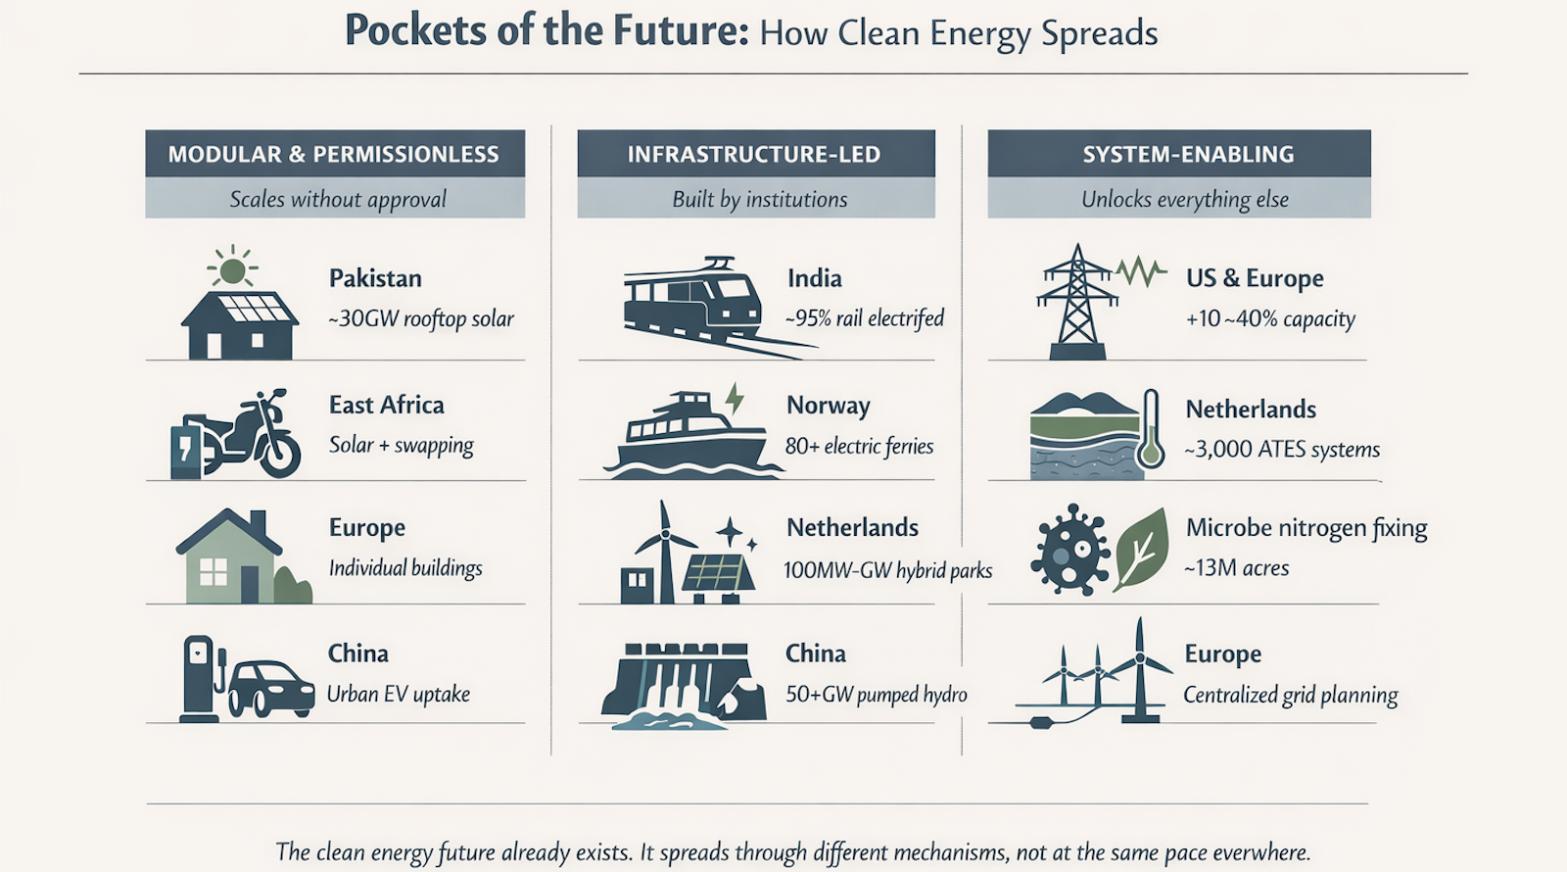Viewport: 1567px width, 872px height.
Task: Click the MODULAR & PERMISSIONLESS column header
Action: (x=334, y=154)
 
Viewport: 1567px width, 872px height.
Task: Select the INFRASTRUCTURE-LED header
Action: (x=754, y=154)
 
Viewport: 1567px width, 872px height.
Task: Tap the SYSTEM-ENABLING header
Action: (x=1188, y=154)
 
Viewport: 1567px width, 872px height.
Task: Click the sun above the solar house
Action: (x=233, y=267)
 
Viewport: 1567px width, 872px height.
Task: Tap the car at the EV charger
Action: (x=270, y=685)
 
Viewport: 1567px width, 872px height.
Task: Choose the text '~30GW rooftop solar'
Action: (x=421, y=319)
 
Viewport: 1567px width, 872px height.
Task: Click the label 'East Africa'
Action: (x=386, y=405)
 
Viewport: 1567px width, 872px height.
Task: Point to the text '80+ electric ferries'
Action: (x=859, y=447)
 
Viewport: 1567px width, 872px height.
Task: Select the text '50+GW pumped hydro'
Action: (x=876, y=695)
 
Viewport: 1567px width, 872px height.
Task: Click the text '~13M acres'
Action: (x=1236, y=568)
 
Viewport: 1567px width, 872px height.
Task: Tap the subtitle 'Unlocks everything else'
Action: (x=1184, y=200)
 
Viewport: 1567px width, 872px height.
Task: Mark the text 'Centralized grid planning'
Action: (x=1290, y=695)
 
